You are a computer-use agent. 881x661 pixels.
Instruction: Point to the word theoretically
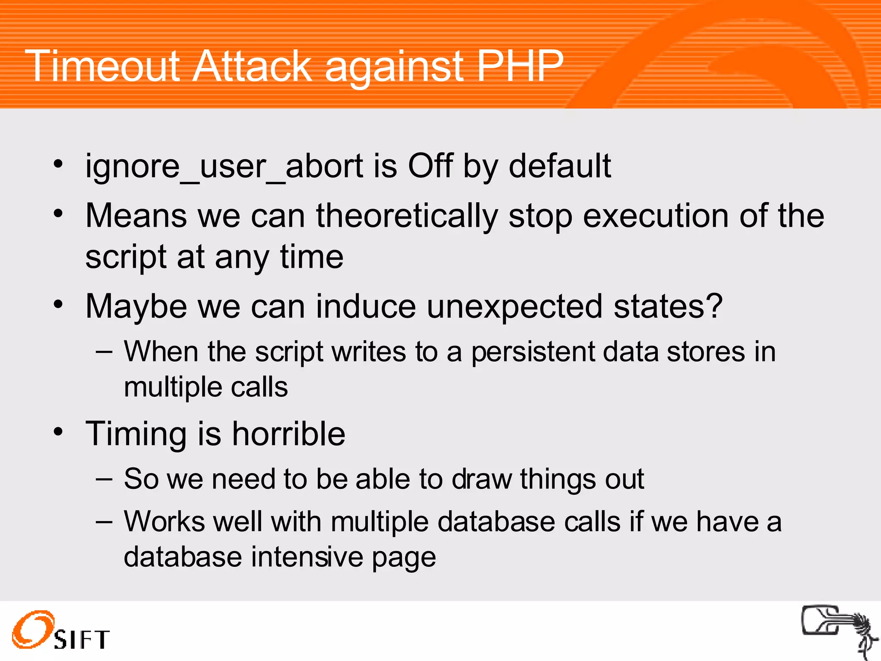pyautogui.click(x=407, y=216)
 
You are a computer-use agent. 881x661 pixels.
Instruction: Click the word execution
pyautogui.click(x=656, y=216)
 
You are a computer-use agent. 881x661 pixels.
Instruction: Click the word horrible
pyautogui.click(x=289, y=434)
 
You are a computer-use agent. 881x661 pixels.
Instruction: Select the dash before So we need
pyautogui.click(x=104, y=479)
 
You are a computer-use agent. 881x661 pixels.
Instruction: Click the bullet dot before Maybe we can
pyautogui.click(x=59, y=305)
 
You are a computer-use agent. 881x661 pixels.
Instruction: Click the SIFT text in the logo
pyautogui.click(x=82, y=639)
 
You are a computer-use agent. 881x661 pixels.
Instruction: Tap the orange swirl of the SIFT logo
pyautogui.click(x=33, y=629)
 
